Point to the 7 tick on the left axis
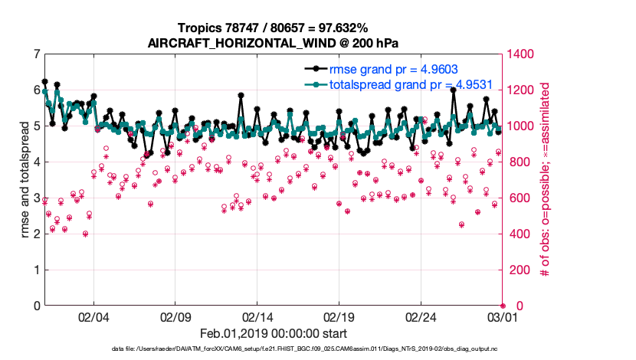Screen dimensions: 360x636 (37, 54)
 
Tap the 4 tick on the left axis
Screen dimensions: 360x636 (37, 162)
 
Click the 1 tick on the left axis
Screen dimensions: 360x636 (37, 270)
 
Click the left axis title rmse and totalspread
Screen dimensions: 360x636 (25, 180)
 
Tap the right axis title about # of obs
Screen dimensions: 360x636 (546, 180)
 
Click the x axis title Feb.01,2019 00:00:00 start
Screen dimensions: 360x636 (273, 334)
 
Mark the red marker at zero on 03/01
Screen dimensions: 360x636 (503, 306)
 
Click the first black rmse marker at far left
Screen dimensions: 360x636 (45, 81)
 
